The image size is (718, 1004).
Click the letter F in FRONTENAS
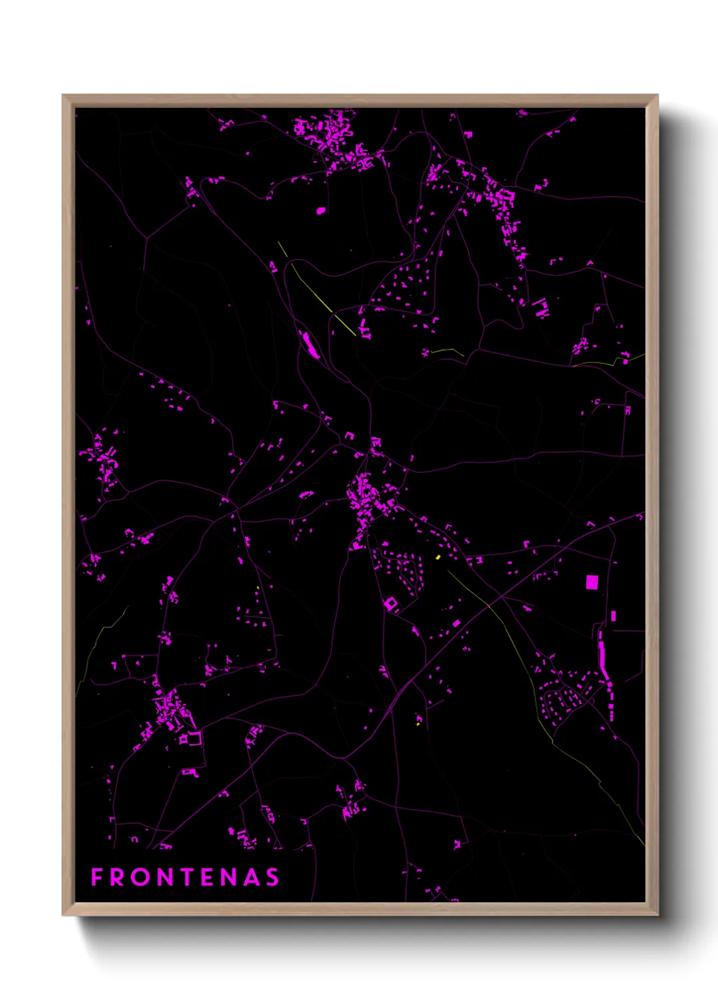coord(97,877)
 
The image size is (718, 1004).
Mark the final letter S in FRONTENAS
coord(272,877)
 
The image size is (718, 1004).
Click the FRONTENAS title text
coord(185,877)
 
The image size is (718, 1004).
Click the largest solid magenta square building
coord(592,582)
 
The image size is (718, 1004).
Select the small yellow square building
coord(438,557)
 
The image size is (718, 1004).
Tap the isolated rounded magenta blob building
coord(321,211)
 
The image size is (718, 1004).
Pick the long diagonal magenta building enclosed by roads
coord(310,345)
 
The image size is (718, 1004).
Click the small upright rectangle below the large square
coord(613,616)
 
